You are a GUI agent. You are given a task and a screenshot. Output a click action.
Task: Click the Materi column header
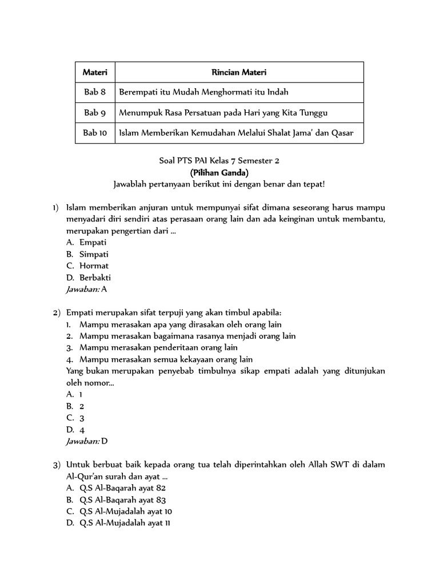pyautogui.click(x=95, y=73)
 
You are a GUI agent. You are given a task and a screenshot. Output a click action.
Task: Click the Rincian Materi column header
pyautogui.click(x=239, y=73)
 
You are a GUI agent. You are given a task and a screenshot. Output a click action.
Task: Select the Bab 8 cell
pyautogui.click(x=95, y=93)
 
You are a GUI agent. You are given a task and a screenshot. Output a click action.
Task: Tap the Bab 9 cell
pyautogui.click(x=95, y=113)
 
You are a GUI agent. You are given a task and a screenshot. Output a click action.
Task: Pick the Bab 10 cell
pyautogui.click(x=95, y=133)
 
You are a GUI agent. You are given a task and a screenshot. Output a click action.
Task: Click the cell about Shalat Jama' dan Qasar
pyautogui.click(x=236, y=133)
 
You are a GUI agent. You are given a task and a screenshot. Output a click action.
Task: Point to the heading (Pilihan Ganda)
pyautogui.click(x=219, y=172)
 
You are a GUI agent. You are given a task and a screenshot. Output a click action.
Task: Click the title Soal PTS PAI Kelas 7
pyautogui.click(x=219, y=161)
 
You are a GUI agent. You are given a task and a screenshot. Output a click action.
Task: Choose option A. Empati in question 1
pyautogui.click(x=87, y=242)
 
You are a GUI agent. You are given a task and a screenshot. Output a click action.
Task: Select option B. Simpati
pyautogui.click(x=87, y=254)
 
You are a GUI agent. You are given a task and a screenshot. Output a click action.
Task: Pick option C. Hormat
pyautogui.click(x=87, y=266)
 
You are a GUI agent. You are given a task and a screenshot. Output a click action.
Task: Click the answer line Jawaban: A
pyautogui.click(x=87, y=289)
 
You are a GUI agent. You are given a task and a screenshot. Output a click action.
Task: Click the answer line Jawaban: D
pyautogui.click(x=87, y=441)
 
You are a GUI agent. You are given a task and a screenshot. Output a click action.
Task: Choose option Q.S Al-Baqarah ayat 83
pyautogui.click(x=116, y=500)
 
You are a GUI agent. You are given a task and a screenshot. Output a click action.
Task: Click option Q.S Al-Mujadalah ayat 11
pyautogui.click(x=118, y=523)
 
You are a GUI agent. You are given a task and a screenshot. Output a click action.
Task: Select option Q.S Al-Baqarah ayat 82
pyautogui.click(x=116, y=488)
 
